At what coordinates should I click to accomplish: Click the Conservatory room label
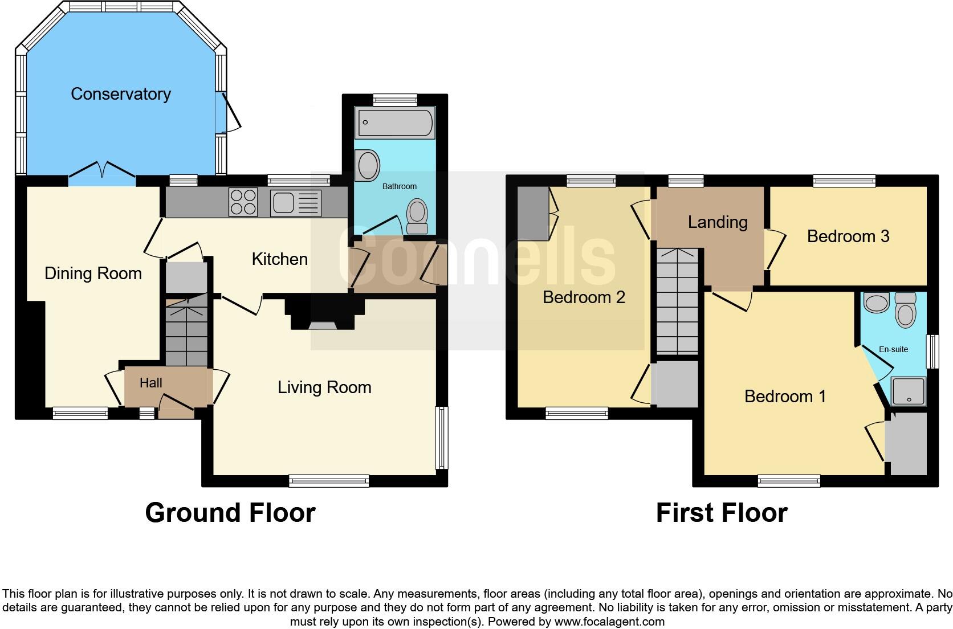tap(121, 94)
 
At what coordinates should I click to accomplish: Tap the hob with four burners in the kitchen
tap(243, 202)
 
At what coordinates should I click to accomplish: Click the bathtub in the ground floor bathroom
tap(394, 123)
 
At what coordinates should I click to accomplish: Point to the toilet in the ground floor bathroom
tap(418, 217)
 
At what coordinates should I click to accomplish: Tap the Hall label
tap(151, 383)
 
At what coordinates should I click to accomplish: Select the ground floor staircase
tap(186, 334)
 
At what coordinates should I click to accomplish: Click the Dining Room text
tap(93, 273)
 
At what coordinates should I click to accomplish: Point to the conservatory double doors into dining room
tap(103, 170)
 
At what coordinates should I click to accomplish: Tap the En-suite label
tap(893, 349)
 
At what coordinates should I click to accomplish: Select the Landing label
tap(718, 222)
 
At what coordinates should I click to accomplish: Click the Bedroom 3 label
tap(848, 236)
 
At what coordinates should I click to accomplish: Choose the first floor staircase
tap(677, 302)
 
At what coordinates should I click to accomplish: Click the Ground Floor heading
tap(230, 512)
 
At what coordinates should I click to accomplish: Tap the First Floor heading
tap(722, 512)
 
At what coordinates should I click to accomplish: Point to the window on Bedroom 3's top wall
tap(844, 181)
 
